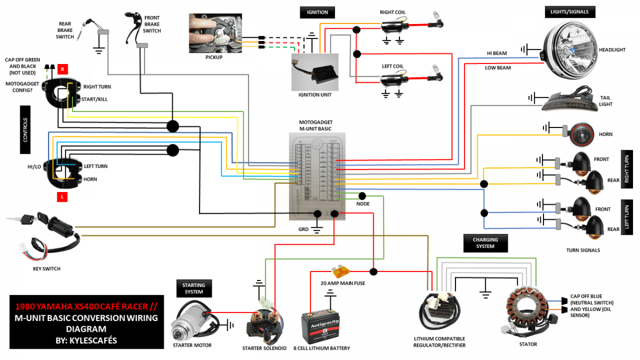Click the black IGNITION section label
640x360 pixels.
click(317, 12)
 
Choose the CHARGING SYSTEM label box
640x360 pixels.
click(485, 243)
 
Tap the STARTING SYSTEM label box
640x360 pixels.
click(194, 288)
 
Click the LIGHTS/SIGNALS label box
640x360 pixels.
click(570, 12)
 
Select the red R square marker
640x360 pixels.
click(62, 69)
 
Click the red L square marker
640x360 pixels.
click(62, 197)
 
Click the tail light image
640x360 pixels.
click(568, 101)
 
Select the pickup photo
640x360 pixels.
click(215, 33)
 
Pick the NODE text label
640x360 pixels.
click(363, 204)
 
